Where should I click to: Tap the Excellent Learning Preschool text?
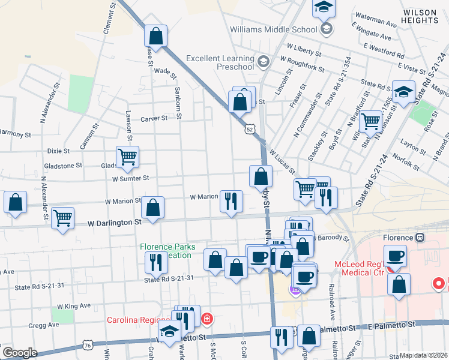tap(219, 62)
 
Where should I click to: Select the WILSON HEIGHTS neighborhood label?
tap(420, 16)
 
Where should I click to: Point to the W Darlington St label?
tap(114, 222)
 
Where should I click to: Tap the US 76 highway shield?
tap(88, 346)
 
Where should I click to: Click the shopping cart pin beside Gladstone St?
tap(127, 157)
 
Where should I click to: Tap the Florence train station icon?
tap(420, 237)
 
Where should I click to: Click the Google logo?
tap(20, 352)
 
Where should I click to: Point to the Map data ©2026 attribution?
tap(424, 355)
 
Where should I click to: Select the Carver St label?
tap(154, 119)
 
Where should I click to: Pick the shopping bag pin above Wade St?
tap(155, 35)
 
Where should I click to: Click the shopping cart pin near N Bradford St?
tap(371, 121)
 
